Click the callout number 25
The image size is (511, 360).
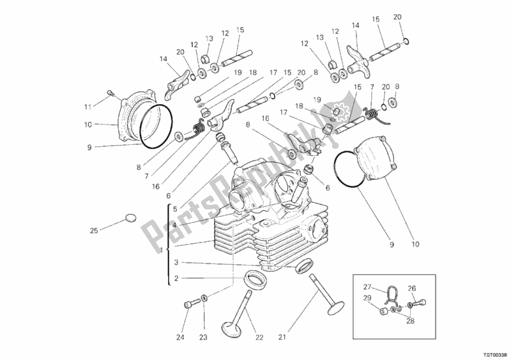click(x=94, y=231)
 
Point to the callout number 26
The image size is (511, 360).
click(x=413, y=288)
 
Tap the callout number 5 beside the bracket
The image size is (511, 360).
click(x=175, y=209)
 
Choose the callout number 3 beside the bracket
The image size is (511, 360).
click(x=175, y=262)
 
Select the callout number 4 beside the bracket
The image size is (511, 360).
click(x=175, y=223)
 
